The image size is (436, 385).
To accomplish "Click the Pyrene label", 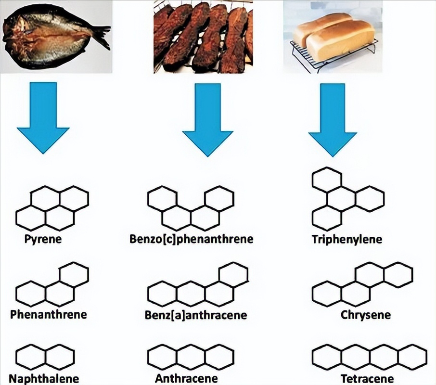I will pos(43,239).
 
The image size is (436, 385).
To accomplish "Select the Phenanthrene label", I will pos(49,315).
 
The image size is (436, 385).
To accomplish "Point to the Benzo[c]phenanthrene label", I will pos(191,239).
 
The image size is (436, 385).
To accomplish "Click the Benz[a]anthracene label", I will pos(195,316).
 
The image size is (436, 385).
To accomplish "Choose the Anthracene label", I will pos(186,379).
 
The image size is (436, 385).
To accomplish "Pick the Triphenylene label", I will pos(346,239).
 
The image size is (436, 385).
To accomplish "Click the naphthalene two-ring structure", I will pos(45,357).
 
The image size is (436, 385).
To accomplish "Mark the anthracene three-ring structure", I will pos(191,357).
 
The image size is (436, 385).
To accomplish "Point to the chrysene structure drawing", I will pos(362,283).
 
